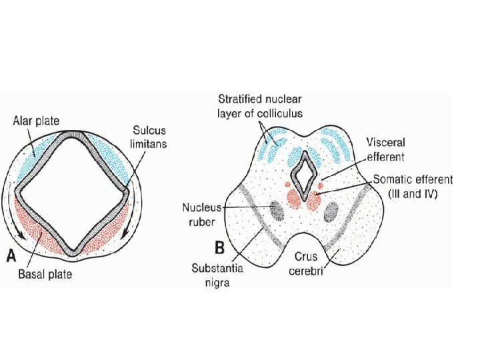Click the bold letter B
pos(219,248)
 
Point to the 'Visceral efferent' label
pos(386,149)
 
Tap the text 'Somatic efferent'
pos(413,180)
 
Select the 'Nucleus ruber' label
pos(202,213)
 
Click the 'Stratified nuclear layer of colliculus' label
pos(259,106)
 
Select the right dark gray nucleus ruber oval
pos(332,212)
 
